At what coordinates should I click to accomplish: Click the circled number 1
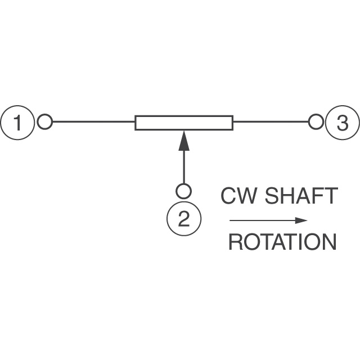(18, 122)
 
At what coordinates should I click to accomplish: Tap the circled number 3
(342, 122)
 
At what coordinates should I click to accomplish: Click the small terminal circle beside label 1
(45, 121)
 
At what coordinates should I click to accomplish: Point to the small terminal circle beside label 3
(316, 121)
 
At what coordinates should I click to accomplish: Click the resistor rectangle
(184, 122)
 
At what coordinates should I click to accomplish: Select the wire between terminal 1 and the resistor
(93, 121)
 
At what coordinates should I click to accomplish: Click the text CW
(238, 196)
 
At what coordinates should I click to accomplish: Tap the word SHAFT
(301, 196)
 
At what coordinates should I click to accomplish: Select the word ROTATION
(282, 242)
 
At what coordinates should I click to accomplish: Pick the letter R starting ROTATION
(235, 242)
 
